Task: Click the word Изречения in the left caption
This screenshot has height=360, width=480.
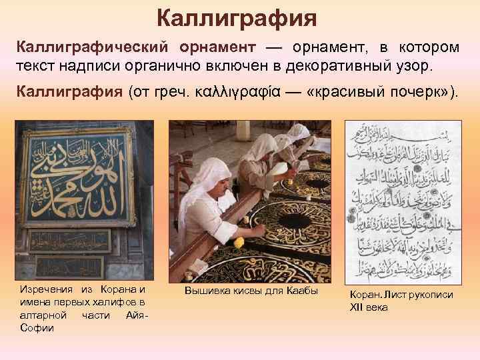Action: [47, 289]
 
